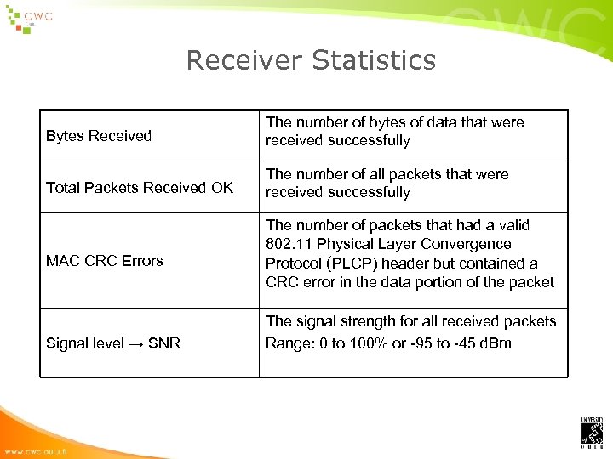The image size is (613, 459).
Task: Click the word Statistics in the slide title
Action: tap(374, 60)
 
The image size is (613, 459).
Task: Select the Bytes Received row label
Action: tap(99, 136)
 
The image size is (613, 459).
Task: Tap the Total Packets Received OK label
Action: tap(140, 188)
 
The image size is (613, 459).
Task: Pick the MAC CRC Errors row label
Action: tap(104, 261)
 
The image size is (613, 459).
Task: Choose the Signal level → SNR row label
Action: tap(113, 343)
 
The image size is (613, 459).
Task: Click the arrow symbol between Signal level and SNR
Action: tap(135, 343)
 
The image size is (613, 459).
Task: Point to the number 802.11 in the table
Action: tap(289, 245)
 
